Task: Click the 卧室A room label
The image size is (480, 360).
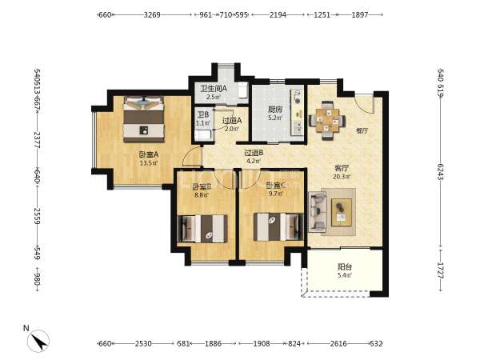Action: (x=149, y=154)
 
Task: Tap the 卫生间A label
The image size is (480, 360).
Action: (x=214, y=89)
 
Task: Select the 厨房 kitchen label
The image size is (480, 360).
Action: (x=274, y=110)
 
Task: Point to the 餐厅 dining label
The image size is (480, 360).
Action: (x=362, y=130)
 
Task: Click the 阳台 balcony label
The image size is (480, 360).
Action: (x=345, y=267)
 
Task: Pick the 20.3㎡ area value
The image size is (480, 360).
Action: (x=342, y=177)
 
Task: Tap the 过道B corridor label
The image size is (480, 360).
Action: (x=254, y=152)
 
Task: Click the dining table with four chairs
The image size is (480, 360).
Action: (x=327, y=120)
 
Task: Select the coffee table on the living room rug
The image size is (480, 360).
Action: (x=342, y=212)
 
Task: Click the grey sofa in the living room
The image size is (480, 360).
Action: (x=317, y=212)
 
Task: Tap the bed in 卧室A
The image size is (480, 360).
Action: (x=143, y=119)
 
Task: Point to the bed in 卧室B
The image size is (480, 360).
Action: (x=202, y=229)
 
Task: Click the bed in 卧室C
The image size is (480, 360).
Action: (x=278, y=227)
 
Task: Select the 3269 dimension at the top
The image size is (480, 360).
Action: (x=152, y=14)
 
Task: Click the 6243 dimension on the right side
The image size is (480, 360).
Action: (x=441, y=172)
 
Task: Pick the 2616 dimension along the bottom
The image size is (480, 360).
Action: (x=338, y=344)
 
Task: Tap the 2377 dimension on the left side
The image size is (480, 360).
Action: (x=38, y=140)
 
